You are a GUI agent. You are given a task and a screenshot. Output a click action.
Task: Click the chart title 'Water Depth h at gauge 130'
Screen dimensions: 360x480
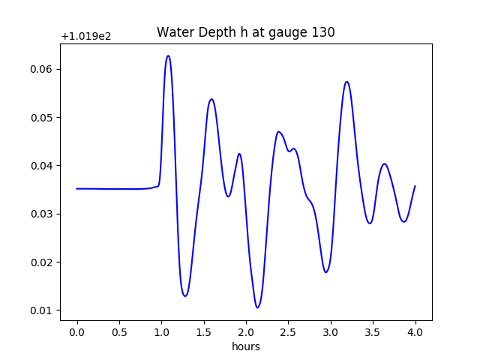point(245,32)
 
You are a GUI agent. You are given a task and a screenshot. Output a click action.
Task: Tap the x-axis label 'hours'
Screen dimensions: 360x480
point(246,346)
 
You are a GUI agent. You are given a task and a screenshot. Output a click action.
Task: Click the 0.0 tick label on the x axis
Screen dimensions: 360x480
point(77,332)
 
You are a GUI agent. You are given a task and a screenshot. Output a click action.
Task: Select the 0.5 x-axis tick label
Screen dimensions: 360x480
point(119,332)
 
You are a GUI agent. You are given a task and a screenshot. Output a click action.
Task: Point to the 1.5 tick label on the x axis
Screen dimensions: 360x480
point(204,332)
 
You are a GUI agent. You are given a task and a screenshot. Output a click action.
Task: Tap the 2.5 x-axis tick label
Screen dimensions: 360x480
point(289,332)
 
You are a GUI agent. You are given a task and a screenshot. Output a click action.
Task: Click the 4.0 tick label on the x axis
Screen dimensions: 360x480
point(415,332)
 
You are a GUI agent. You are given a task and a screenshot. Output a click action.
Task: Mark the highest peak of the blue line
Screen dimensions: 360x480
point(168,55)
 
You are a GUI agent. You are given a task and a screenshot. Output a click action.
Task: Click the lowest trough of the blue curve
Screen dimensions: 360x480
point(257,307)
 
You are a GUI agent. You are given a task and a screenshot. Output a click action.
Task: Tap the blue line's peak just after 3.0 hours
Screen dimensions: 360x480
point(346,82)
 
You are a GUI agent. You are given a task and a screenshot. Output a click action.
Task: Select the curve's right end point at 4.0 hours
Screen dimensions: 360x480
point(415,186)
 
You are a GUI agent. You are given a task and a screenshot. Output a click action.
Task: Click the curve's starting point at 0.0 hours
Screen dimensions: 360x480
point(77,189)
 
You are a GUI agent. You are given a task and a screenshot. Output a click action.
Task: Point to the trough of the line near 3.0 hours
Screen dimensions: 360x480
point(326,272)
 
